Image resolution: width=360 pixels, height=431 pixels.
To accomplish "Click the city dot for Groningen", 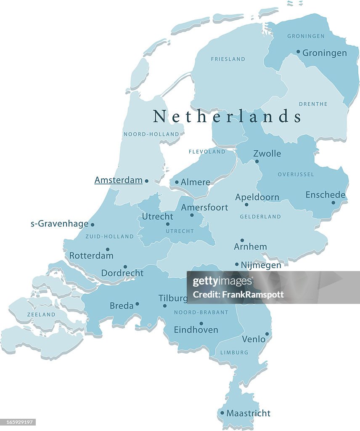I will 298,52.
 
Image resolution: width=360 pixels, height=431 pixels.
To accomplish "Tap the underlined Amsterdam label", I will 118,180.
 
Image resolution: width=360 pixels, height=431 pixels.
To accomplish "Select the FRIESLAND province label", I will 228,59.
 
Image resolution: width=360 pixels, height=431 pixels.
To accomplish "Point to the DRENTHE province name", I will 313,104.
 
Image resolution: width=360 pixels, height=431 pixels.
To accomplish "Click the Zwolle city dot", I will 257,161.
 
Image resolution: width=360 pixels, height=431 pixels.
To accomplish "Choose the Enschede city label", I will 325,195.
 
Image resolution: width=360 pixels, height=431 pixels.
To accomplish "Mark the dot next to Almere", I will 177,183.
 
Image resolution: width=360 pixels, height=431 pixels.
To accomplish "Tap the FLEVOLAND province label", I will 207,152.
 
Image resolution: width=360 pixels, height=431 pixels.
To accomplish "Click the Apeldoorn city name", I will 257,197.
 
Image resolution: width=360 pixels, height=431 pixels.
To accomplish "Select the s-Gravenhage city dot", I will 93,225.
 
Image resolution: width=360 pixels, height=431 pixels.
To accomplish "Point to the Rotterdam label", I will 91,255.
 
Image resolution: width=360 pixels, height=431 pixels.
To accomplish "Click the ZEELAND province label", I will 41,314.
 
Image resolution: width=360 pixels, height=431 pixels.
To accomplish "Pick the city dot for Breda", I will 137,304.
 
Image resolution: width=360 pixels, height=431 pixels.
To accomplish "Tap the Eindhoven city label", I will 196,330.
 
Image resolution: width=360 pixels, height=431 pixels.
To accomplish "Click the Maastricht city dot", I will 222,413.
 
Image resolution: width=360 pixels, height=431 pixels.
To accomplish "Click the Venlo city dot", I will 267,334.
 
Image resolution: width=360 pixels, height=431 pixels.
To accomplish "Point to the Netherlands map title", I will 227,116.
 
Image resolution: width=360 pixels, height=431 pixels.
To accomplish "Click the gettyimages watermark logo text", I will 222,282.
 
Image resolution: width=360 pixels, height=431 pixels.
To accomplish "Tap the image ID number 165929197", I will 18,422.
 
